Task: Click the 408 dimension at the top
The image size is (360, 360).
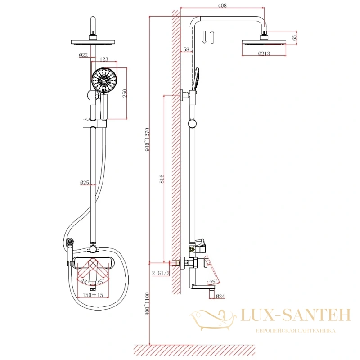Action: coord(222,5)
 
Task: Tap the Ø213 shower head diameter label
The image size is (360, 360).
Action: coord(264,54)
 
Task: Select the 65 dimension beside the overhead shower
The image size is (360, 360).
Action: coord(294,37)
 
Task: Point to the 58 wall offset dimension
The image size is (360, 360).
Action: coord(186,49)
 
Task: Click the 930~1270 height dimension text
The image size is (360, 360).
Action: coord(148,139)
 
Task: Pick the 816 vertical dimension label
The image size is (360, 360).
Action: coord(162,179)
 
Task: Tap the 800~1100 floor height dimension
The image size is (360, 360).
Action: coord(148,303)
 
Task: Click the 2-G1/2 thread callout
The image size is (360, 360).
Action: coord(161,273)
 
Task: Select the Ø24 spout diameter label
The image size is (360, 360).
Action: coord(220,297)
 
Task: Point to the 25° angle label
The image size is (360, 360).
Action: coord(213,282)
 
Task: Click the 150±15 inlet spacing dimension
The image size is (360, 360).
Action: coord(93,295)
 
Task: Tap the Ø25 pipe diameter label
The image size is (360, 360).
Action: coord(85,183)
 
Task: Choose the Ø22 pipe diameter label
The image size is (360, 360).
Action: coord(83,55)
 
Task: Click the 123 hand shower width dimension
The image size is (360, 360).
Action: coord(104,59)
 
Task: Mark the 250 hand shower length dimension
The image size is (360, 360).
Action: coord(125,93)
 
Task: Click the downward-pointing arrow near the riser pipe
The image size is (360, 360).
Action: coord(204,37)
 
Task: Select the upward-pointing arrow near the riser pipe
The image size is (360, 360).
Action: coord(212,37)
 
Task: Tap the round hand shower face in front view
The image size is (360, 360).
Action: coord(104,81)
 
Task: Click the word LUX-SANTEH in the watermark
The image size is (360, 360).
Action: coord(296,315)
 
